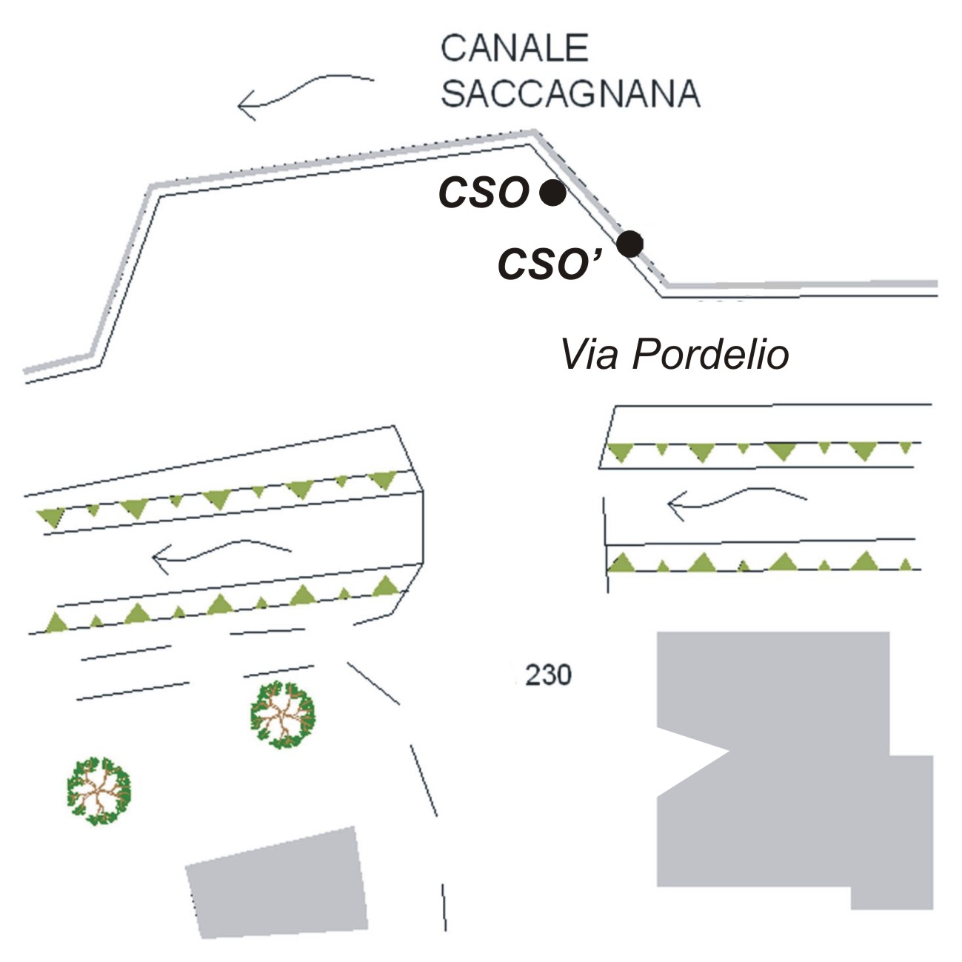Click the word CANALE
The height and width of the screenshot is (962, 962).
tap(514, 49)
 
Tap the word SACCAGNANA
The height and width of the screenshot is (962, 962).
tap(570, 95)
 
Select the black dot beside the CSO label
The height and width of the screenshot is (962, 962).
tap(552, 193)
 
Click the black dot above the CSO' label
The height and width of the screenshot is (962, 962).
tap(629, 243)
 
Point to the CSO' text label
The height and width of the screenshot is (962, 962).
tap(548, 264)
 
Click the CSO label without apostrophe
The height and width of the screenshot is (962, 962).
tap(484, 193)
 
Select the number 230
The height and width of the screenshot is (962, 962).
tap(548, 675)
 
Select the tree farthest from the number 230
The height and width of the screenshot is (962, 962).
tap(98, 791)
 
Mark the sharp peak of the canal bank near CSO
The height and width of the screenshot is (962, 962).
tap(532, 133)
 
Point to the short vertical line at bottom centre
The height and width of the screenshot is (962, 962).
tap(444, 906)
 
